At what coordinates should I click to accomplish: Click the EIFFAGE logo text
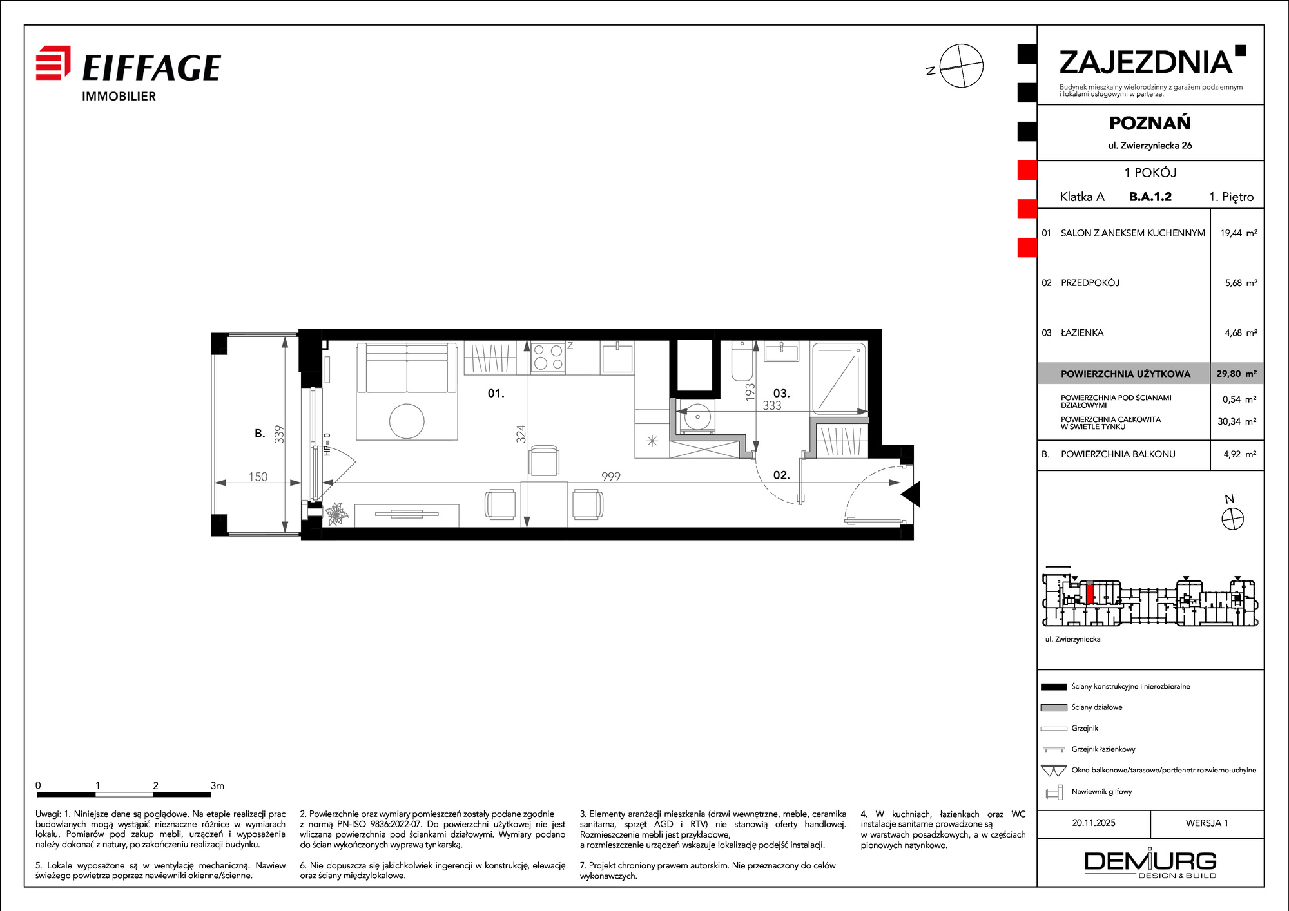click(x=151, y=68)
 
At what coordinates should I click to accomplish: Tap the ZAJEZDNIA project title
click(x=1146, y=62)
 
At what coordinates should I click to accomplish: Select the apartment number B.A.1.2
click(x=1150, y=197)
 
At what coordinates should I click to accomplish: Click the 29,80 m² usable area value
click(x=1236, y=374)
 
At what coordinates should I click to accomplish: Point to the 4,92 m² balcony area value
click(x=1240, y=454)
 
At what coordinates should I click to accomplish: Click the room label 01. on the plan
click(x=496, y=393)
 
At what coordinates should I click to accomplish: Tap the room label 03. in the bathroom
click(x=781, y=393)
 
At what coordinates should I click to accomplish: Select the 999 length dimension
click(x=611, y=476)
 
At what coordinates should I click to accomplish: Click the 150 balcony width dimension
click(x=258, y=476)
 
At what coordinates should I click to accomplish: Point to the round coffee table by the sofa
click(x=407, y=421)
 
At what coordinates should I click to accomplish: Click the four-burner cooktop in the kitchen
click(x=548, y=358)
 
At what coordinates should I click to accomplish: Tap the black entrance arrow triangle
click(x=911, y=494)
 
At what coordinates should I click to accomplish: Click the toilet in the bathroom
click(x=742, y=361)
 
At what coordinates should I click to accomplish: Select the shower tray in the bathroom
click(x=839, y=378)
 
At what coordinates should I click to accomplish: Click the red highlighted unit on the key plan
click(x=1089, y=593)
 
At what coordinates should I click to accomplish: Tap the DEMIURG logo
click(x=1150, y=864)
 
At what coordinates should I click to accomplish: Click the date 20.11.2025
click(x=1094, y=823)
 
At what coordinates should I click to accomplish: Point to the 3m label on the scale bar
click(x=217, y=785)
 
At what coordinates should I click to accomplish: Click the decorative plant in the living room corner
click(x=336, y=515)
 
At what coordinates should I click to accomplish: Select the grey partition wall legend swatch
click(x=1054, y=707)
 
